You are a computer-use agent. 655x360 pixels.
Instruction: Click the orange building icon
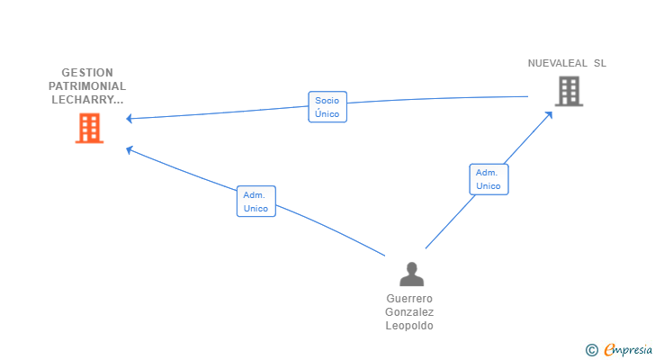tap(89, 128)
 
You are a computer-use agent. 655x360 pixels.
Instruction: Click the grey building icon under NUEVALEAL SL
tap(569, 91)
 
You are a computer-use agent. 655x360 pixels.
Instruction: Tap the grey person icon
tap(411, 274)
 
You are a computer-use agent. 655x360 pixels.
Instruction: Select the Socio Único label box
tap(327, 107)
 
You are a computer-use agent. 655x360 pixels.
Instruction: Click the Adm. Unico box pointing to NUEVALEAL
tap(489, 179)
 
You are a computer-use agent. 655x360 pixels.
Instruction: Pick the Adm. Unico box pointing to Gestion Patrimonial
tap(256, 202)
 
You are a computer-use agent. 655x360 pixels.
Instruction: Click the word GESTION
tap(87, 73)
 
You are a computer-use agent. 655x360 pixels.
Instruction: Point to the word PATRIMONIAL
tap(87, 86)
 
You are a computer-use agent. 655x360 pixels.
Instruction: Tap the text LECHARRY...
tap(87, 99)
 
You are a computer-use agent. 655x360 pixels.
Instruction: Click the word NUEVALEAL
tap(557, 63)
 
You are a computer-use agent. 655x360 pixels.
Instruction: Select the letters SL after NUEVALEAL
tap(600, 63)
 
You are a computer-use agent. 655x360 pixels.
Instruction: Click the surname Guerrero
tap(409, 299)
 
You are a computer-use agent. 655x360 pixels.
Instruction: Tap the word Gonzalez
tap(409, 312)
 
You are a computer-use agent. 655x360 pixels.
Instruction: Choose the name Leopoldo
tap(409, 326)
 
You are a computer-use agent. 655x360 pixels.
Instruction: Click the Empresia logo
tap(628, 349)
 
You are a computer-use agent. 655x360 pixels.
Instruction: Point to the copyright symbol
tap(591, 350)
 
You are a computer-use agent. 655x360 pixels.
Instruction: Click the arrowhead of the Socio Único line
tap(129, 119)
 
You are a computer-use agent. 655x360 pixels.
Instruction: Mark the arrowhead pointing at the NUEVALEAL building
tap(549, 114)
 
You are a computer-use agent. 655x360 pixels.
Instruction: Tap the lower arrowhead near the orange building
tap(129, 149)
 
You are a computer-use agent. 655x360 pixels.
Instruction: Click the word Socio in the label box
tap(327, 101)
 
